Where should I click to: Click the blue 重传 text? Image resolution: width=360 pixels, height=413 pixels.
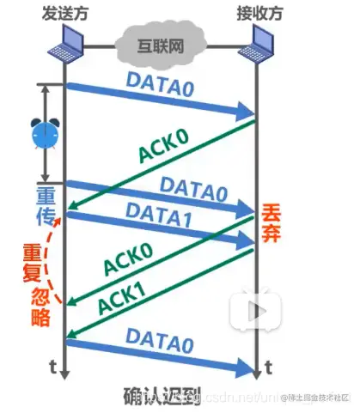(45, 203)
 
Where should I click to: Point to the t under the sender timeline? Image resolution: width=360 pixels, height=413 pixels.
(52, 367)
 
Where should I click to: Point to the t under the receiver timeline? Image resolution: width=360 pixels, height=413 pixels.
(271, 367)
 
